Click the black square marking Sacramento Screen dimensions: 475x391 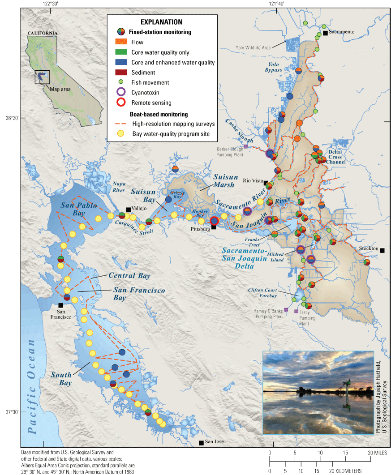[x=325, y=33]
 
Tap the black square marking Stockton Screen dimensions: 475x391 [x=382, y=250]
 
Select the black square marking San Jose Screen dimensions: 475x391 [x=201, y=443]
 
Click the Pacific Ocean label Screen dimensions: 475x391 [x=32, y=386]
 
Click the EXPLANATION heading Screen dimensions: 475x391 [x=161, y=21]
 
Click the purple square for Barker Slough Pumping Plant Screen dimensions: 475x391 [x=246, y=146]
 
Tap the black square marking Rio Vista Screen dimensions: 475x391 [x=266, y=183]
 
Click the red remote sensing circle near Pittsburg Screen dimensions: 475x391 [x=215, y=220]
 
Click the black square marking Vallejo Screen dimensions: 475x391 [x=128, y=209]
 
